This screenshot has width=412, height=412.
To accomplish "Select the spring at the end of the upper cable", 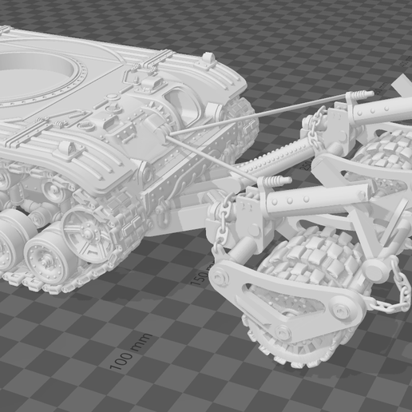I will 360,96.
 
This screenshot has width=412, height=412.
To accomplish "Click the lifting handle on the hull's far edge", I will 208,58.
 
